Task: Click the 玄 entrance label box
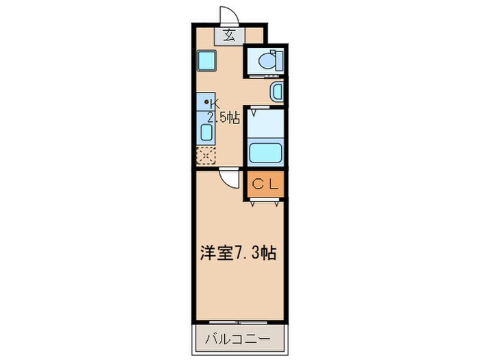coord(230,36)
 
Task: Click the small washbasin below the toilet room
coord(276,91)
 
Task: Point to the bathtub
coord(263,151)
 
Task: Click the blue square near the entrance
coord(206,61)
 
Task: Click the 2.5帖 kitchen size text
coord(223,117)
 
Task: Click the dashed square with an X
coord(206,156)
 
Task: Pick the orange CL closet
coord(264,184)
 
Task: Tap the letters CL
coord(264,184)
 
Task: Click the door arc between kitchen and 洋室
coord(227,180)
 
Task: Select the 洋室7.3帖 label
coord(237,253)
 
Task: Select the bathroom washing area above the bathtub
coord(264,124)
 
